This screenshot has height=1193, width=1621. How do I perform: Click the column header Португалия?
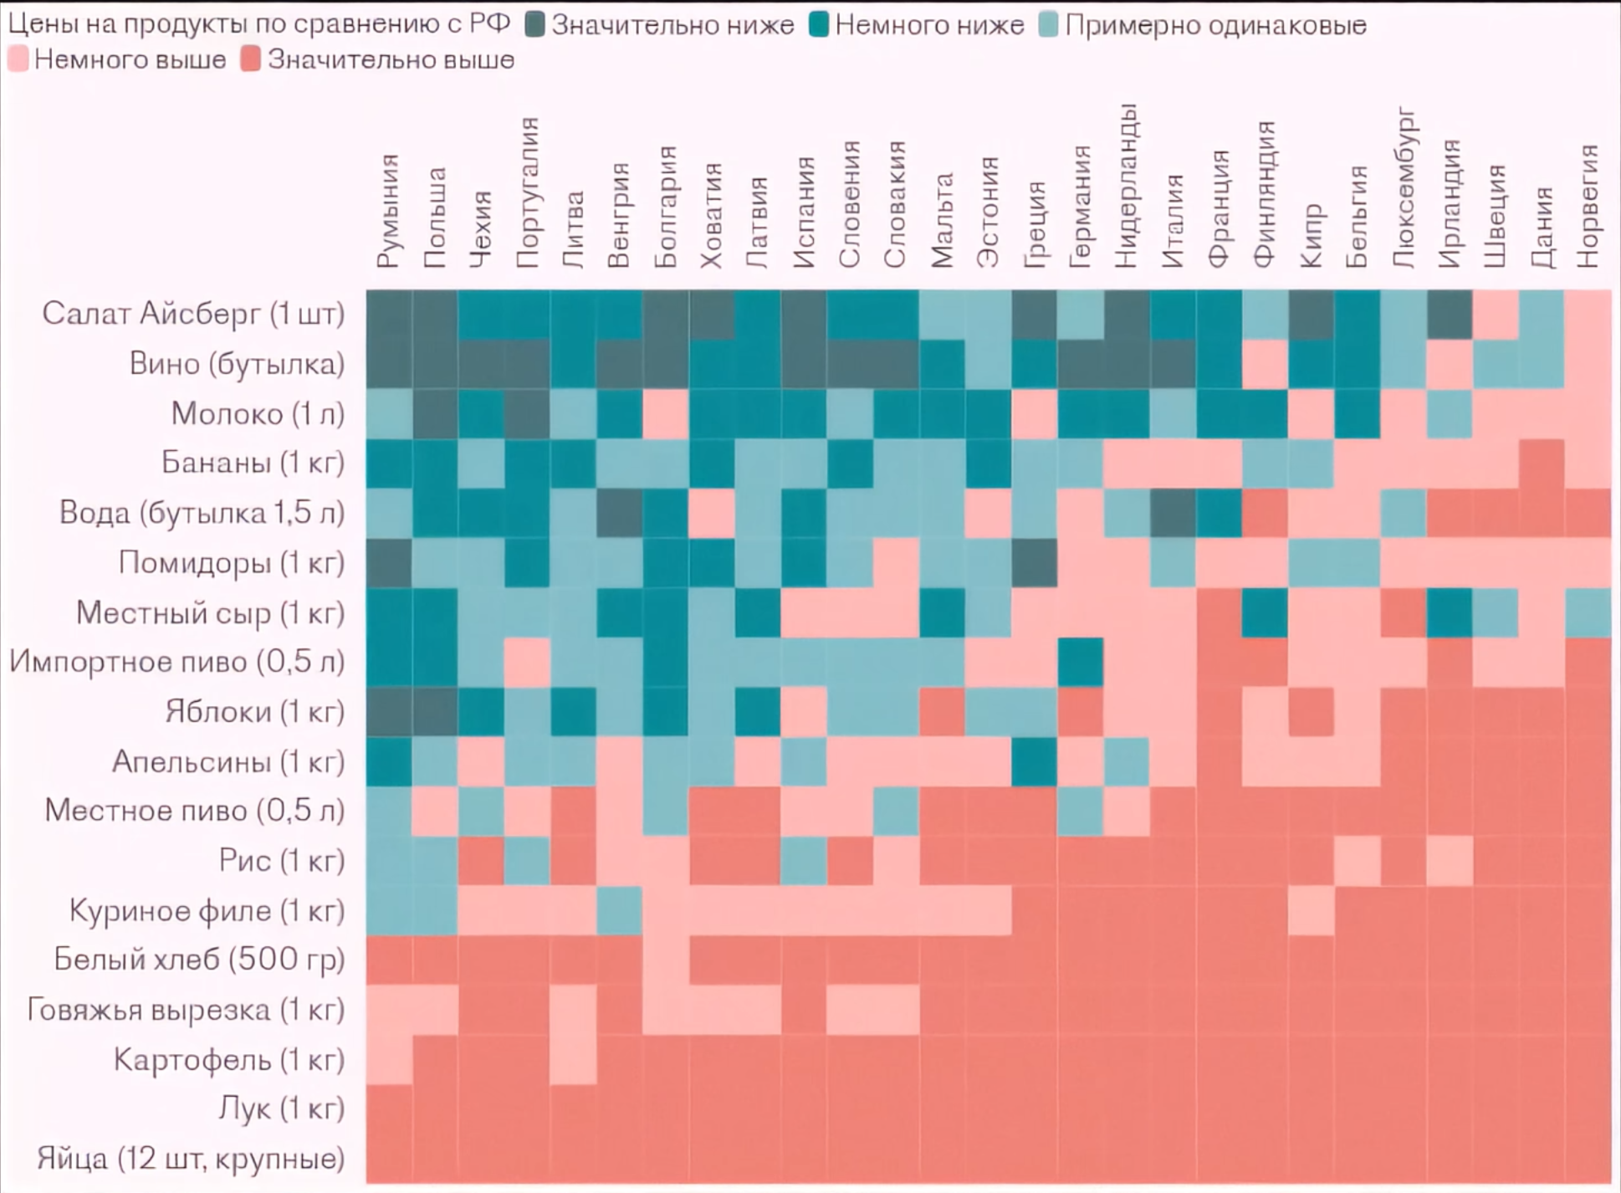tap(528, 193)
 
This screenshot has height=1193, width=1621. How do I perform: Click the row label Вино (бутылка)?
tap(237, 364)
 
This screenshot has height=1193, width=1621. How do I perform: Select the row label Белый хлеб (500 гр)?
tap(199, 960)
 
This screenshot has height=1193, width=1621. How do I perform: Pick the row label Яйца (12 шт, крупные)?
tap(191, 1159)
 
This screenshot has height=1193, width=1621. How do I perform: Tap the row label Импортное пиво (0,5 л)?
tap(176, 662)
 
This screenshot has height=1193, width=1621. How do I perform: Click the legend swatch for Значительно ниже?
tap(535, 25)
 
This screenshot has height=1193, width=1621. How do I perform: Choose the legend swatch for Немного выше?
tap(18, 60)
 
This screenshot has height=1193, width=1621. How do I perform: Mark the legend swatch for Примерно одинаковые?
tap(1048, 25)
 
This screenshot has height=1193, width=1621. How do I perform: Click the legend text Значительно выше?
tap(391, 60)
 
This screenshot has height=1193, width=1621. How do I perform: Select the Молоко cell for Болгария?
tap(666, 414)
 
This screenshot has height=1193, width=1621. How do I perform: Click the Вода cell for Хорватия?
tap(712, 513)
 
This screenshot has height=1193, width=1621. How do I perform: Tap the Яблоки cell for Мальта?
tap(942, 712)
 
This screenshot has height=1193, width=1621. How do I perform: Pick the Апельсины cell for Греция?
tap(1034, 761)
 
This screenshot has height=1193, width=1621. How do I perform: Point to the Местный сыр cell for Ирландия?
tap(1450, 612)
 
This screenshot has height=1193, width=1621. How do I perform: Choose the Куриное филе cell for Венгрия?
tap(620, 910)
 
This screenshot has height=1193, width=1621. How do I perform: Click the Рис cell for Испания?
tap(804, 861)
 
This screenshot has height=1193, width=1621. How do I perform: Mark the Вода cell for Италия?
tap(1173, 513)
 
